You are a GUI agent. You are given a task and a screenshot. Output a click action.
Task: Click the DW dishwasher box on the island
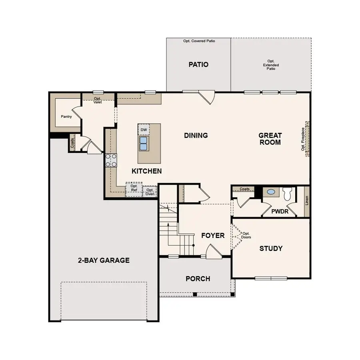pos(144,130)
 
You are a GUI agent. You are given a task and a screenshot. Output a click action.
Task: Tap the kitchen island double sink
pos(144,143)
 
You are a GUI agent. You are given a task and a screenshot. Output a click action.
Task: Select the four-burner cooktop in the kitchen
pos(111,160)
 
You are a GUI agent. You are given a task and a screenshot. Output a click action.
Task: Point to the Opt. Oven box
pos(150,192)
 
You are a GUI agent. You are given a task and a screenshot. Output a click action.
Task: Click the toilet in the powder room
pos(287,194)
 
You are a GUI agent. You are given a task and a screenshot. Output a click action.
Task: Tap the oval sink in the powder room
pos(271,192)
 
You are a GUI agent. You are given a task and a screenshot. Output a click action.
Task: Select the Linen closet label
pos(307,200)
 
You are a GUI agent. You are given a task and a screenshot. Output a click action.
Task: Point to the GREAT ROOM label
pos(270,139)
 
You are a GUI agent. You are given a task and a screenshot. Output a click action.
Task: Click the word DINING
pos(196,136)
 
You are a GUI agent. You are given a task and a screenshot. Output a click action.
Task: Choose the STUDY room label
pos(271,248)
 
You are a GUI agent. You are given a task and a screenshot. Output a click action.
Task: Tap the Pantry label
pos(66,117)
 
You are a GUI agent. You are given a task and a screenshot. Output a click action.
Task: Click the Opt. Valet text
pos(98,100)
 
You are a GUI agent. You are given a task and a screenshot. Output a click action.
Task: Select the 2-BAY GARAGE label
pos(104,260)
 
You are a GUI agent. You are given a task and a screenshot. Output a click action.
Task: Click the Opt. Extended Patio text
pos(271,65)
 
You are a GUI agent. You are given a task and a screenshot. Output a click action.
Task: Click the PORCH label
pos(198,279)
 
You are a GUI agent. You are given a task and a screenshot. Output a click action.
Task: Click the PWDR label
pos(280,211)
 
